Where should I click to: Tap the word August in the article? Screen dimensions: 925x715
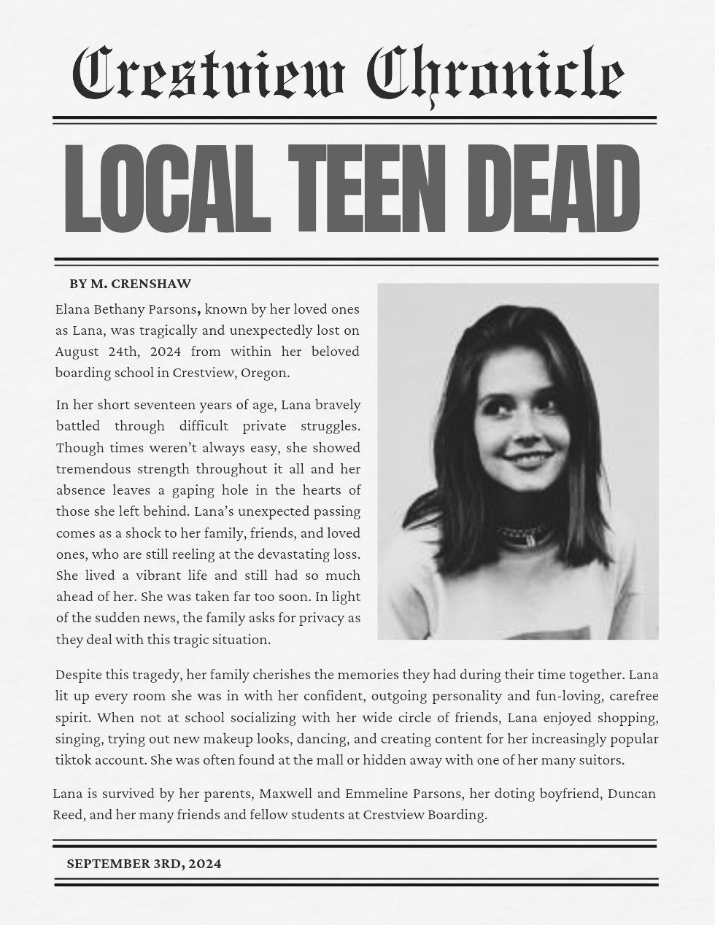click(76, 351)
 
